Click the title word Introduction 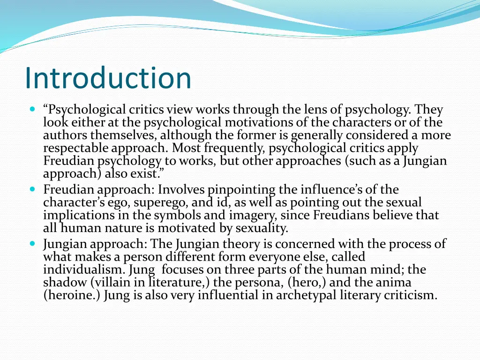pos(108,78)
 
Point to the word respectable pos(76,149)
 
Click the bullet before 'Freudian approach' pos(32,190)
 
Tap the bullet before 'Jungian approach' pos(32,244)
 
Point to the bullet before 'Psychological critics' pos(32,110)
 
